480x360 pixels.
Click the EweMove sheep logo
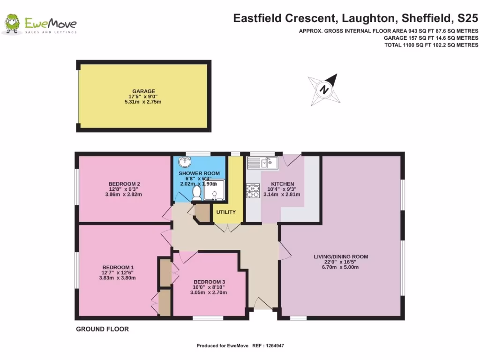point(12,24)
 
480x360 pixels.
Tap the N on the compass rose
point(323,89)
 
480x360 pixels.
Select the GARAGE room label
point(143,91)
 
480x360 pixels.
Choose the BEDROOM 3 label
point(210,282)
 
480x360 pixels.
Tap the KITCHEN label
point(283,184)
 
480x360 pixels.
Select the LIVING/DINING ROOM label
point(341,256)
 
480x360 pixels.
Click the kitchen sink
point(263,163)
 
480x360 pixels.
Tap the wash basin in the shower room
point(186,163)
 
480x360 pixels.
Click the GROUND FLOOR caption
point(102,330)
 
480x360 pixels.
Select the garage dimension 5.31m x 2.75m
point(143,102)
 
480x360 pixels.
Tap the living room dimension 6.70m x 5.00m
point(341,267)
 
